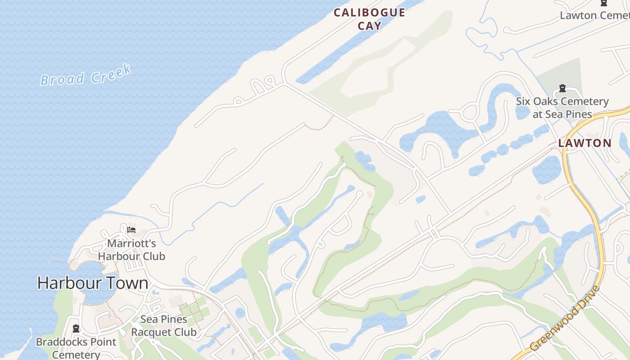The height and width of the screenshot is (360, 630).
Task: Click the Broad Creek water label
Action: (x=85, y=75)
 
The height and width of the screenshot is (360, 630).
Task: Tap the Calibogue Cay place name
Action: (x=369, y=19)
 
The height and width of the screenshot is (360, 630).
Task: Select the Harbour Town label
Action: (x=93, y=283)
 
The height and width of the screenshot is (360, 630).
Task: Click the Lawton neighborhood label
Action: (x=585, y=144)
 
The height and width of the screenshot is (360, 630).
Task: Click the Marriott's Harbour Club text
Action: (x=131, y=250)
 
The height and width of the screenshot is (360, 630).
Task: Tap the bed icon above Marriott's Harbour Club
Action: (x=131, y=229)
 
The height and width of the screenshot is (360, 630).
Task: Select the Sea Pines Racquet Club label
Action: (x=164, y=326)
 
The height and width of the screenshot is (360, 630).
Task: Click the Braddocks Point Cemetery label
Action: (x=76, y=348)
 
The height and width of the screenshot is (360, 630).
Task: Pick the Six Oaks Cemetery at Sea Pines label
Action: (x=562, y=108)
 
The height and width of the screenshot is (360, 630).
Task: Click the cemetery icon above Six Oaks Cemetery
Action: (x=562, y=88)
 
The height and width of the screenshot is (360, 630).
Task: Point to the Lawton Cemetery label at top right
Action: (x=594, y=15)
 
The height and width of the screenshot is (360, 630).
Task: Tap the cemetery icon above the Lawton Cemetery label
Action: (x=604, y=3)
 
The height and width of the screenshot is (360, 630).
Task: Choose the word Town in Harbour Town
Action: (x=128, y=283)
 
